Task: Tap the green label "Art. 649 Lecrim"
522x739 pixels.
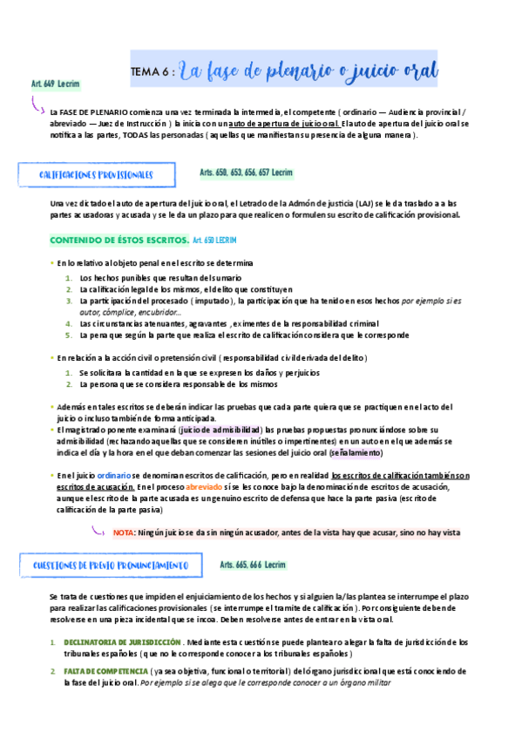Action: pyautogui.click(x=55, y=84)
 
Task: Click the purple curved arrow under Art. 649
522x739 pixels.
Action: pyautogui.click(x=37, y=105)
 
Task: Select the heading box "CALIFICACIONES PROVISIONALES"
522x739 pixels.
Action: pyautogui.click(x=96, y=174)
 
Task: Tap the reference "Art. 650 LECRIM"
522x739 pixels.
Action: pyautogui.click(x=214, y=239)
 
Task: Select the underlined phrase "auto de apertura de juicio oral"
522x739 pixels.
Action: pyautogui.click(x=284, y=124)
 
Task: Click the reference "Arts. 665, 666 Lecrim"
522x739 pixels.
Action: pyautogui.click(x=253, y=565)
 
